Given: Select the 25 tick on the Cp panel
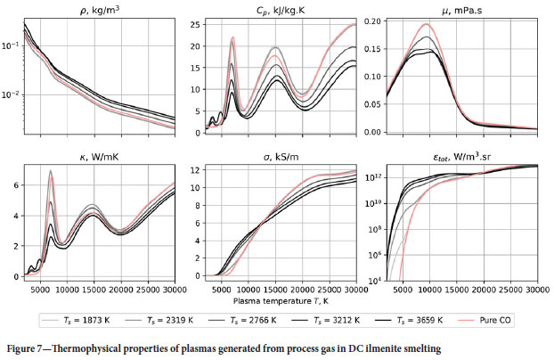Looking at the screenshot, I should click(197, 24).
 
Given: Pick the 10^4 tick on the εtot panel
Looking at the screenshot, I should click(374, 281).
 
